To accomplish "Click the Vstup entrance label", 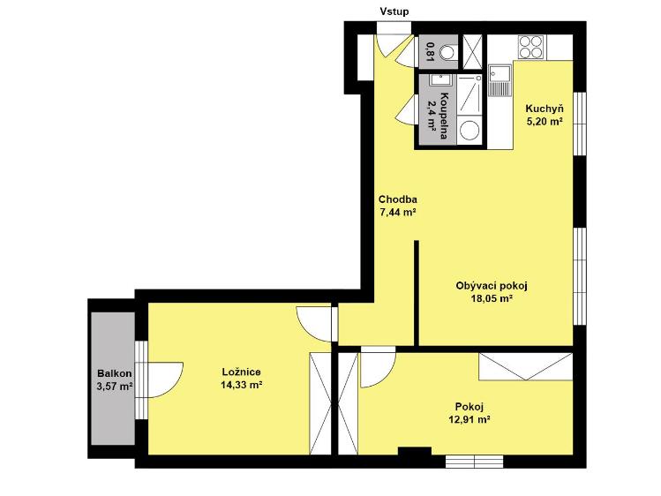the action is click(x=394, y=11).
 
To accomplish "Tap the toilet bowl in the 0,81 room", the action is click(x=448, y=52).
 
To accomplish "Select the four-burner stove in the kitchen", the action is click(x=530, y=47).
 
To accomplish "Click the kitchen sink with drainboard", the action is click(x=500, y=80).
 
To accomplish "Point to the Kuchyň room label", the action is click(x=545, y=109).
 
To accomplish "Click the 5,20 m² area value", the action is click(x=545, y=122).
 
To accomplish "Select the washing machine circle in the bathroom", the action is click(x=469, y=131).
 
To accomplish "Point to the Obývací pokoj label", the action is click(x=492, y=286).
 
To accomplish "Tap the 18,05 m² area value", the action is click(x=492, y=299).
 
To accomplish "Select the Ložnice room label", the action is click(x=241, y=372).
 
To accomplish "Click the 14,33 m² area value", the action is click(x=242, y=384).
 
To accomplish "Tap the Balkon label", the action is click(x=114, y=373).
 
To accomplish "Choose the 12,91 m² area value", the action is click(x=469, y=420).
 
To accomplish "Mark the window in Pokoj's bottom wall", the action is click(x=474, y=461).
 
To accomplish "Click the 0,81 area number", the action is click(x=431, y=52).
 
